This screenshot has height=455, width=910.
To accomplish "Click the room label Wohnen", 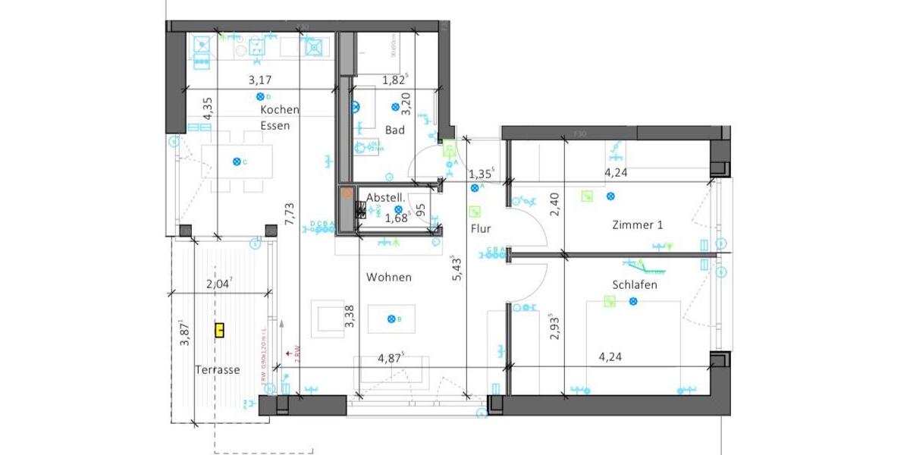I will pyautogui.click(x=388, y=278).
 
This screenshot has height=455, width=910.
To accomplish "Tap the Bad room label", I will pyautogui.click(x=394, y=130).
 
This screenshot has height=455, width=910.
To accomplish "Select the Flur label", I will pyautogui.click(x=480, y=228).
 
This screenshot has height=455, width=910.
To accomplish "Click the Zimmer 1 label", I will pyautogui.click(x=638, y=225).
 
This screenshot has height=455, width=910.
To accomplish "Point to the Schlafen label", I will pyautogui.click(x=634, y=285).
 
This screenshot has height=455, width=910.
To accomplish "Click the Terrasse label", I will pyautogui.click(x=218, y=370).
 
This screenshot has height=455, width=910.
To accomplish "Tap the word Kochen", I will pyautogui.click(x=279, y=110).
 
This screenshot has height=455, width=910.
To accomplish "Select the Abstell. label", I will pyautogui.click(x=384, y=198).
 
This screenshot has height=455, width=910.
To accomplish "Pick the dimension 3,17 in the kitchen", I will pyautogui.click(x=260, y=80).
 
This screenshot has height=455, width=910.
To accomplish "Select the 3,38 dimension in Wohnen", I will pyautogui.click(x=349, y=316).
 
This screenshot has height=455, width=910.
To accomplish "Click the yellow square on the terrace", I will pyautogui.click(x=219, y=330).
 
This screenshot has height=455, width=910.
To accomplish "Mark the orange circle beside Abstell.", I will pyautogui.click(x=347, y=193).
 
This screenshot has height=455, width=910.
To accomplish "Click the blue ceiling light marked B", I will pyautogui.click(x=391, y=318).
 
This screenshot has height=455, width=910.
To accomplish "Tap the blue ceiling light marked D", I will pyautogui.click(x=259, y=97).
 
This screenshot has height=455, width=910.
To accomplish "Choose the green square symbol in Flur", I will pyautogui.click(x=475, y=212).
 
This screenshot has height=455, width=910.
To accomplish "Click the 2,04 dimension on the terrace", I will pyautogui.click(x=221, y=284).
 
